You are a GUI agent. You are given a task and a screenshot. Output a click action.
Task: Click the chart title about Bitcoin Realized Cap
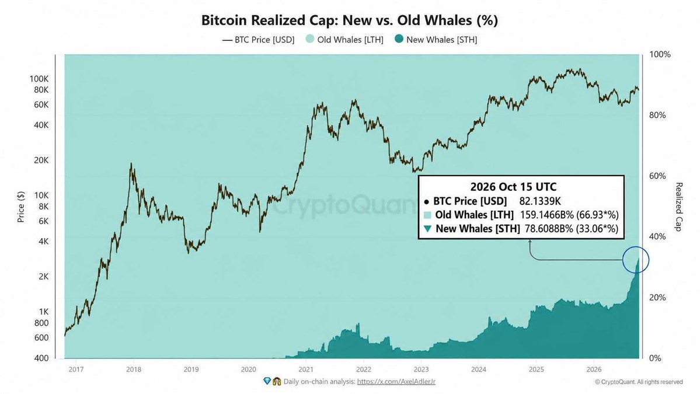tap(350, 20)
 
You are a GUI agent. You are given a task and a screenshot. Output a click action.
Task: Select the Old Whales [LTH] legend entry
tap(344, 39)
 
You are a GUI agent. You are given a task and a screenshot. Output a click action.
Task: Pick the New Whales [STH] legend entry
tap(436, 39)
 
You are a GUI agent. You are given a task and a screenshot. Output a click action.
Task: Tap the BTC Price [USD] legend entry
tap(259, 40)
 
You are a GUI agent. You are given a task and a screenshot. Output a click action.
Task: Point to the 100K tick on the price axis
tap(39, 79)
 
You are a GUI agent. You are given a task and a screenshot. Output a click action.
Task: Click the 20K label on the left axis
tap(41, 160)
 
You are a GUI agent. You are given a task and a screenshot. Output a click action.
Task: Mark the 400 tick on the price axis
tap(41, 358)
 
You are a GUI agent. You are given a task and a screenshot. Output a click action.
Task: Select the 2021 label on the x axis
tap(306, 369)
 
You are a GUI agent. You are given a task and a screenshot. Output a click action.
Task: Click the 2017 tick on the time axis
tap(76, 369)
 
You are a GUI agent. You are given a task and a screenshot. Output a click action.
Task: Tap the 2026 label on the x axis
tap(594, 369)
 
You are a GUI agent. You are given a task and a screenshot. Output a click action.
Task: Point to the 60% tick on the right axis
tap(657, 176)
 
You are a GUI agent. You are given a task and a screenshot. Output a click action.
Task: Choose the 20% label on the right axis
tap(657, 297)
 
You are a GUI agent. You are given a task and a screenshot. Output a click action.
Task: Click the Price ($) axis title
tap(21, 207)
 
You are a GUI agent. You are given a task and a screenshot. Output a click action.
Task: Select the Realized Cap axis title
tap(678, 207)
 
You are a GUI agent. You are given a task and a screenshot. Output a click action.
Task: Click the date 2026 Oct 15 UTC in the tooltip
tap(513, 187)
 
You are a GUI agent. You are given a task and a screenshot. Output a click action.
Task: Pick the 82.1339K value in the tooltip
tap(539, 201)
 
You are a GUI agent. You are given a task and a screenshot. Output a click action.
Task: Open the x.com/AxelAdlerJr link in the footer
tap(396, 382)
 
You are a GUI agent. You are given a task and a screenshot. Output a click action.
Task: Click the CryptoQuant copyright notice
tap(639, 382)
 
